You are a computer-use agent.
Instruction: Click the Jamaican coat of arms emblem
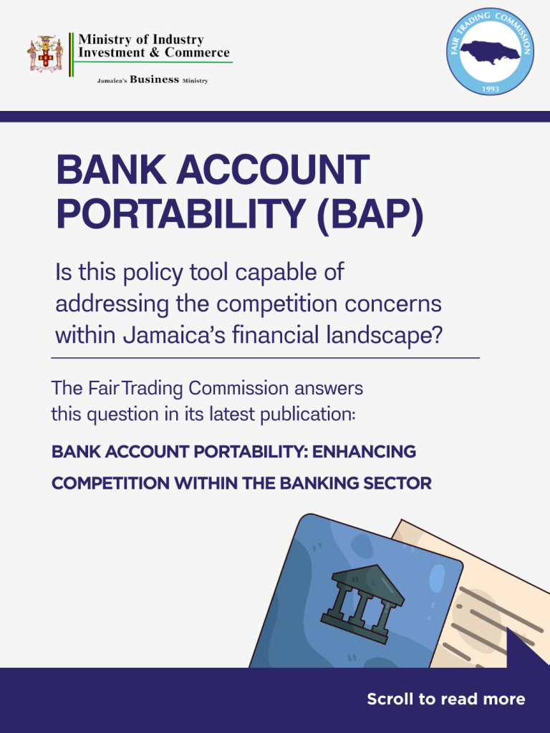45,54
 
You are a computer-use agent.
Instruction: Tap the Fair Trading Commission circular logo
490,52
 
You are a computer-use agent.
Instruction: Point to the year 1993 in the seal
491,89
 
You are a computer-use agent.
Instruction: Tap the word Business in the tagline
155,79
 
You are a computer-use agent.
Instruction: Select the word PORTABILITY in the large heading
181,213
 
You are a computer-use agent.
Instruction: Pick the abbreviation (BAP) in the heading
370,215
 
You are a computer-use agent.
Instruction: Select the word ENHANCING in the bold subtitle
365,452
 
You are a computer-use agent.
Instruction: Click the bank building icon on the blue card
363,603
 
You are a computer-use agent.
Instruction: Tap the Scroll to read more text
445,699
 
